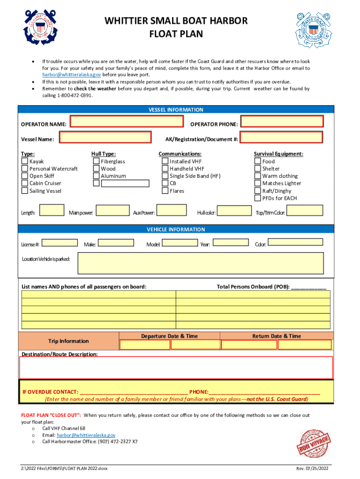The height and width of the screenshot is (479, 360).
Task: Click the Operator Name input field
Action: [127, 122]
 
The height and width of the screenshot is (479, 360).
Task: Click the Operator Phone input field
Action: [282, 122]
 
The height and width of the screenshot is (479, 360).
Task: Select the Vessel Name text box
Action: [106, 138]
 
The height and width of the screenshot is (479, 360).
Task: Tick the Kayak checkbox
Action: [25, 161]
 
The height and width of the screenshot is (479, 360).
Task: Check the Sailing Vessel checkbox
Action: [25, 191]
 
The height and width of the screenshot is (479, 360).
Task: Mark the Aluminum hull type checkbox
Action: [96, 176]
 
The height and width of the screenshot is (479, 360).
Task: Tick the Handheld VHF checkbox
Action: [165, 168]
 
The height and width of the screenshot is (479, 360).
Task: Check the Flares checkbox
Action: [165, 191]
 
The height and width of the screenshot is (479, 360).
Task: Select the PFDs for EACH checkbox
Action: [258, 198]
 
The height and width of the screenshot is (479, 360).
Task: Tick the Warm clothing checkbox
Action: [258, 176]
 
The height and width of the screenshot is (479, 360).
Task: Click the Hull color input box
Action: [235, 211]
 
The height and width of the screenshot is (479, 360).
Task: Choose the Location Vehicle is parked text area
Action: [201, 263]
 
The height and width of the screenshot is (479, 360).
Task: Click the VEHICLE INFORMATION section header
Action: [176, 229]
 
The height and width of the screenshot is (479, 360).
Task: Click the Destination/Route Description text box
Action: [176, 367]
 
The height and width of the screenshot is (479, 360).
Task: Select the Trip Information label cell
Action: [69, 341]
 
